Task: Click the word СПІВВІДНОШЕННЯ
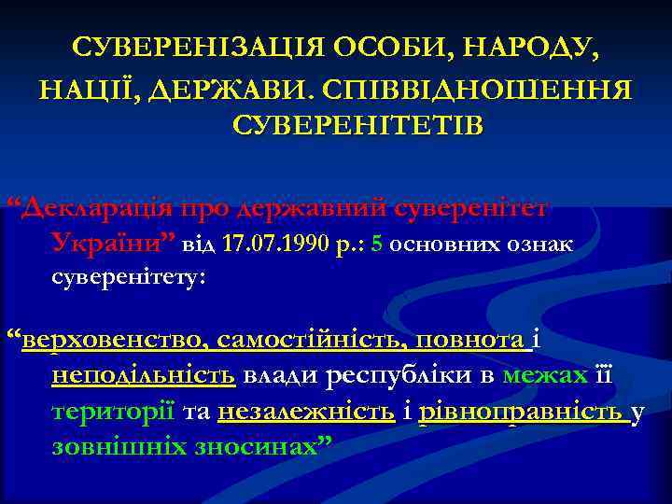(480, 90)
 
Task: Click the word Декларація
(98, 206)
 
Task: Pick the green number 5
(376, 245)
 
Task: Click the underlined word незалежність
(305, 412)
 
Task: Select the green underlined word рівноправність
(521, 413)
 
